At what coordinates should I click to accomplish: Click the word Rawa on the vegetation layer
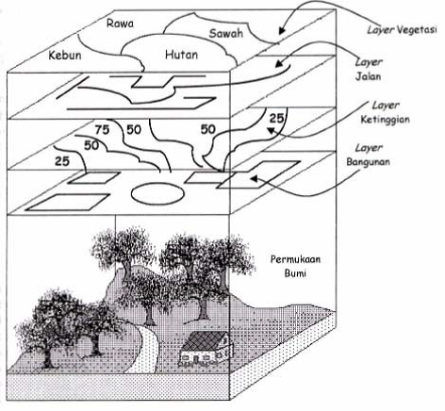120,24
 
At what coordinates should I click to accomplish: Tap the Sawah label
226,33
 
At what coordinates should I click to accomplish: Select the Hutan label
181,55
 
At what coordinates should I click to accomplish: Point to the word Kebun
65,56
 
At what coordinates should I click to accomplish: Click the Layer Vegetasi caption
403,30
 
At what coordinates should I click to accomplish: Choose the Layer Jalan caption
369,69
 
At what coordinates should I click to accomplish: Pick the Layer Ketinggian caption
386,112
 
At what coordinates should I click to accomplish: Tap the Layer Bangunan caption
369,155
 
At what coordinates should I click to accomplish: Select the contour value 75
102,129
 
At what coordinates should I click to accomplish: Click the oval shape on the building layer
157,192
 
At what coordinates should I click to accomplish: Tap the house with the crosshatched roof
206,349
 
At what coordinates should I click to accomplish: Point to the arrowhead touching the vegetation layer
281,30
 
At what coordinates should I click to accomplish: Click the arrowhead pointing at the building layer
254,179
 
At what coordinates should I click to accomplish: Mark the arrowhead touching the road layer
279,64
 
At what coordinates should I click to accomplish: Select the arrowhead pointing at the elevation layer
271,130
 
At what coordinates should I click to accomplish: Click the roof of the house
205,341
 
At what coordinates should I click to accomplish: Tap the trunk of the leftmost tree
48,357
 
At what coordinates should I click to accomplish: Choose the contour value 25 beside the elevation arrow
276,119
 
